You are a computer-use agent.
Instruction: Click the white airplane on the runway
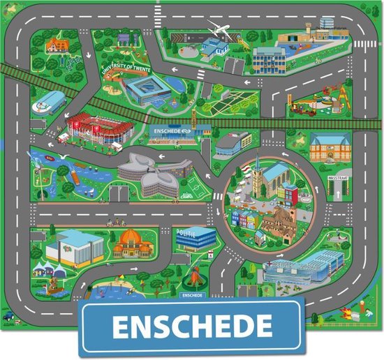click(219, 29)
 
